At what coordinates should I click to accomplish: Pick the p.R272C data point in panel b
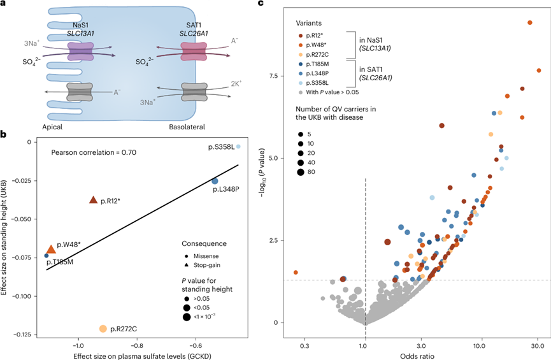(x=103, y=329)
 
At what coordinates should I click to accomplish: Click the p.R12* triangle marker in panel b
(x=94, y=200)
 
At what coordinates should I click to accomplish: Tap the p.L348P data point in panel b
(x=215, y=182)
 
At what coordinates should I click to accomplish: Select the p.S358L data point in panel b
(x=238, y=147)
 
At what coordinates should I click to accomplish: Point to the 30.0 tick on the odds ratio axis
(x=538, y=346)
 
